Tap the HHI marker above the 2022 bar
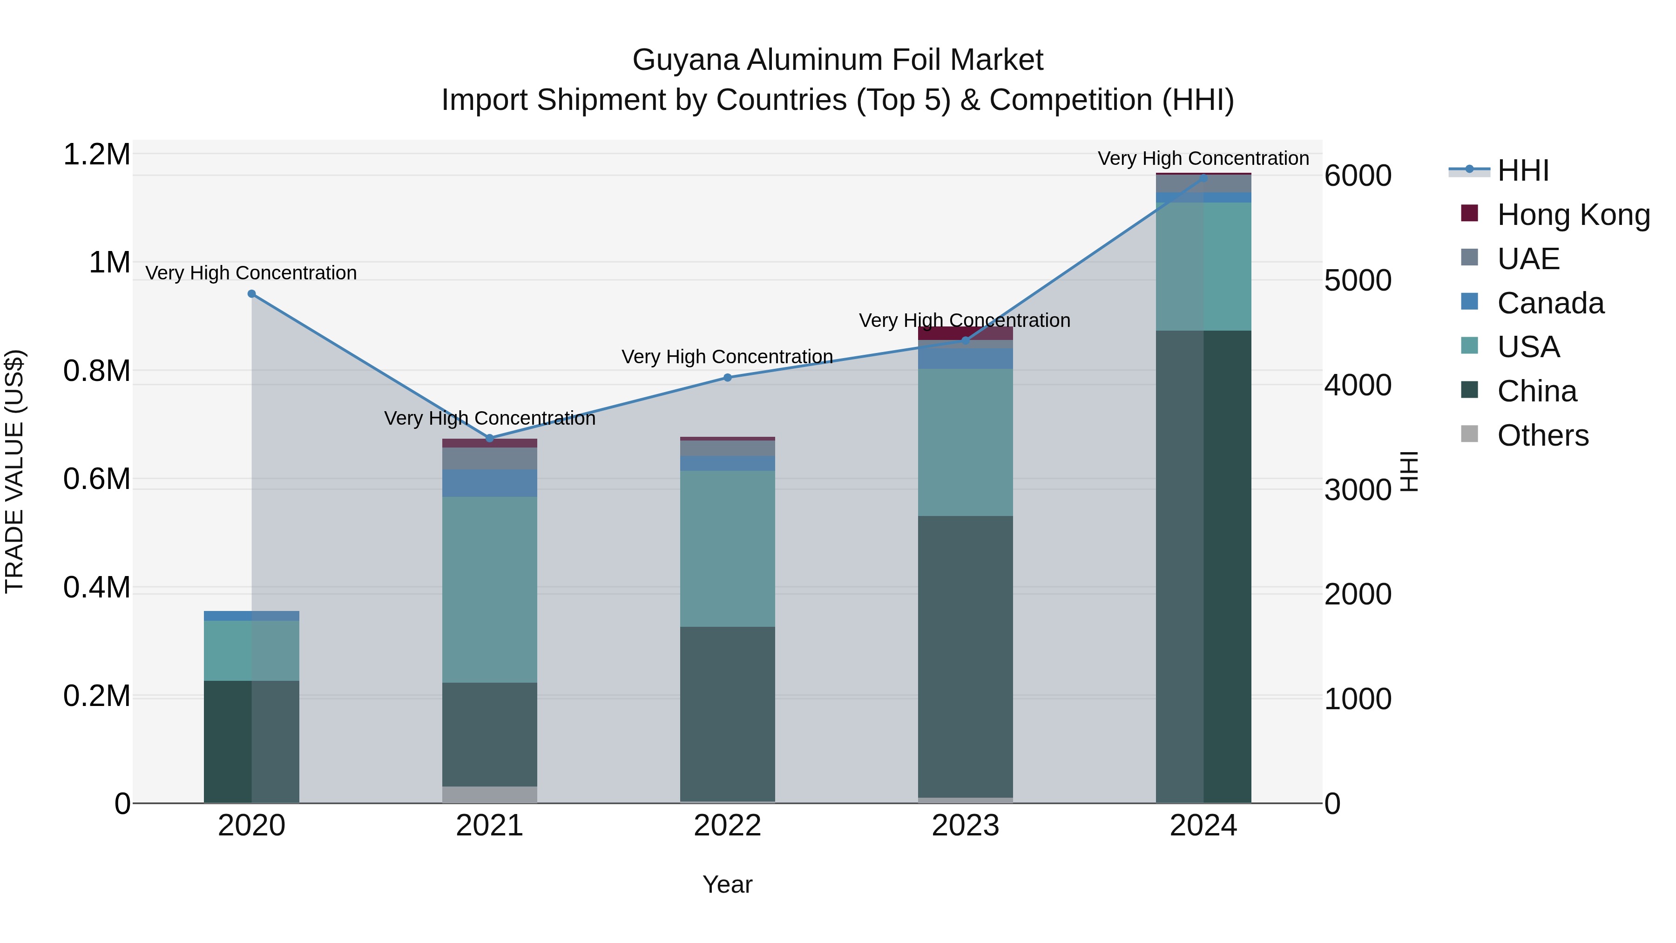[x=727, y=378]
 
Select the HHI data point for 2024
[x=1203, y=178]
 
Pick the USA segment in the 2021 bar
[x=489, y=589]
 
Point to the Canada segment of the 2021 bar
[x=489, y=483]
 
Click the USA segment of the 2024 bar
[x=1203, y=267]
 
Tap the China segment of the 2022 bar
[x=727, y=713]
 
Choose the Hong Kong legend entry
[x=1573, y=215]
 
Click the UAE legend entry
[x=1527, y=259]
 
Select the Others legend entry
[x=1542, y=435]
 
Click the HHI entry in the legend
[x=1522, y=170]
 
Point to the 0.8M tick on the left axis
[x=96, y=371]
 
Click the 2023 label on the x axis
[x=965, y=826]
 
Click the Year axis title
[x=727, y=884]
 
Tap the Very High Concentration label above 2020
[x=250, y=273]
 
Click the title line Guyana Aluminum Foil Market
[x=838, y=60]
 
